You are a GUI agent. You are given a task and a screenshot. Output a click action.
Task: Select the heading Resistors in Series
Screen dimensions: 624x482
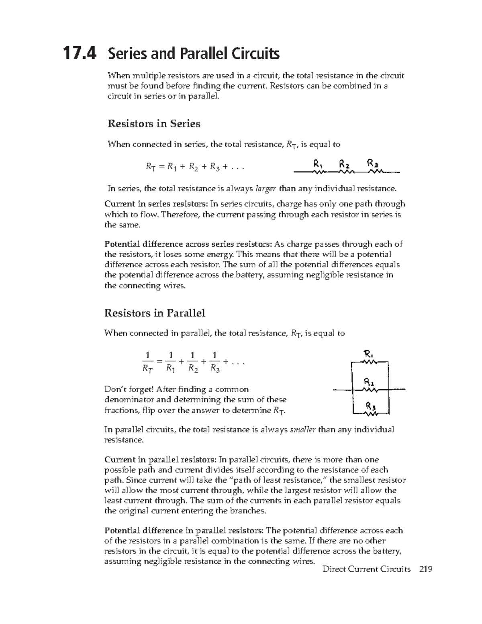pyautogui.click(x=154, y=123)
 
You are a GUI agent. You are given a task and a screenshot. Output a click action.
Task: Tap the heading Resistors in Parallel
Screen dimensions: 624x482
pyautogui.click(x=155, y=313)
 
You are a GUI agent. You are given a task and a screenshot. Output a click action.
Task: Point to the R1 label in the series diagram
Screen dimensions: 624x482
pyautogui.click(x=318, y=164)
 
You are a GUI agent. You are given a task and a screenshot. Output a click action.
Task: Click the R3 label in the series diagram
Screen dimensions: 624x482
pyautogui.click(x=372, y=164)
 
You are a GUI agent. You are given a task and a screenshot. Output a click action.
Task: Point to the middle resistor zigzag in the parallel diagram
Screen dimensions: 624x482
pyautogui.click(x=369, y=389)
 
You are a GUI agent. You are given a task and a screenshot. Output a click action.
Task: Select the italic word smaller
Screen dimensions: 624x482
pyautogui.click(x=303, y=430)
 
